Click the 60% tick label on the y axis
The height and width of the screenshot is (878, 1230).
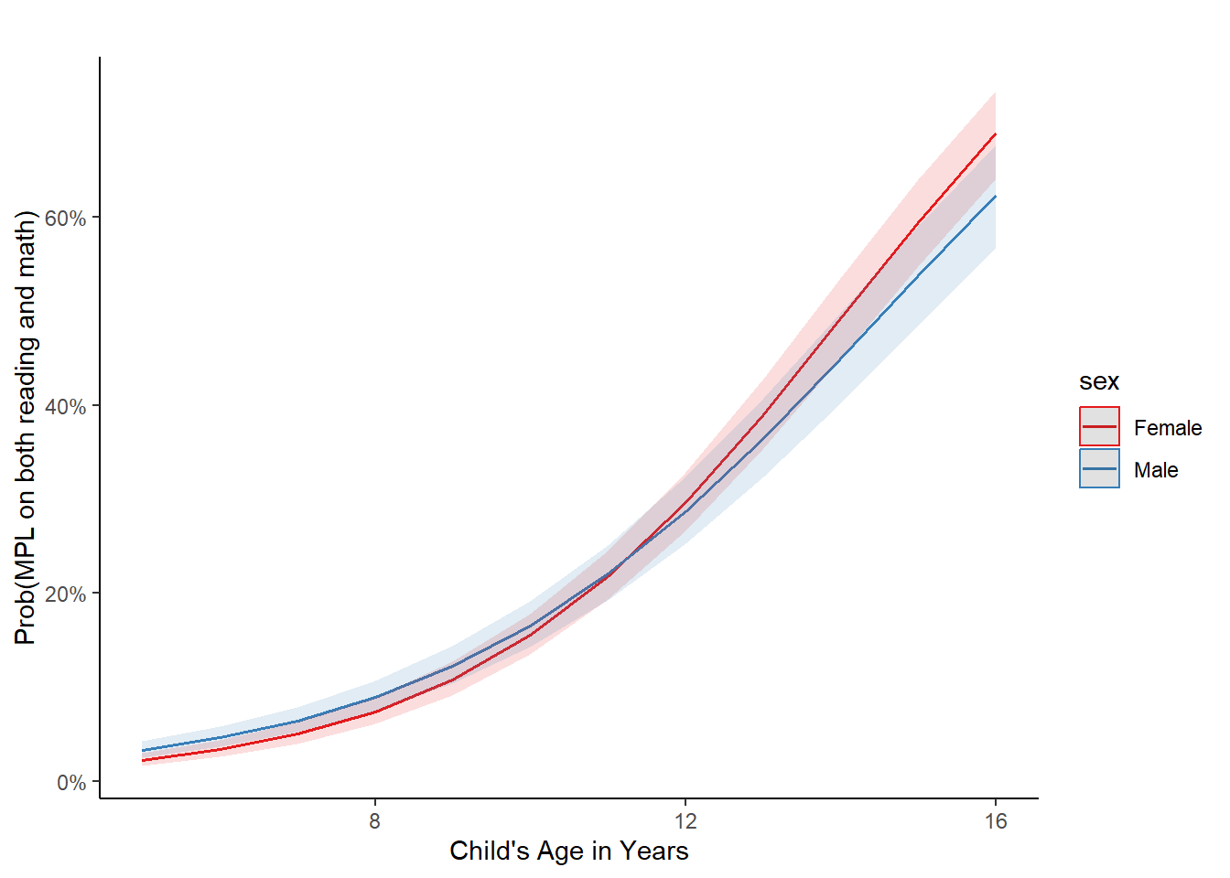(x=65, y=219)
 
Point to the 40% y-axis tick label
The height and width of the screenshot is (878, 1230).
(x=65, y=407)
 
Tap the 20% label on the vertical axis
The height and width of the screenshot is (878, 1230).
(x=65, y=594)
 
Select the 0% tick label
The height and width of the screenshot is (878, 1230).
(x=70, y=783)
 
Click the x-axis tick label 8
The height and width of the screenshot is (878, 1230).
(x=375, y=821)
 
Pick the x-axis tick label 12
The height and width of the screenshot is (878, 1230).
(x=685, y=821)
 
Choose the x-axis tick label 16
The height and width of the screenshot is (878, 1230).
(x=996, y=821)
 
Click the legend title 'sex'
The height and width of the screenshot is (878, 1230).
(x=1099, y=381)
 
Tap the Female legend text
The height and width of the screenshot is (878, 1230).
(x=1168, y=428)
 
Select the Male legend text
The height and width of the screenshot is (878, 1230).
(x=1156, y=470)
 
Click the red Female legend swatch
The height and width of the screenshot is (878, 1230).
(x=1099, y=427)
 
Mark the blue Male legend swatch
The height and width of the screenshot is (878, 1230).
(x=1099, y=469)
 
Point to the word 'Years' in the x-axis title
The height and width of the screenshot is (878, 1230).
(x=653, y=851)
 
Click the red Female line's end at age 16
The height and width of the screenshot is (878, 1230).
(x=995, y=134)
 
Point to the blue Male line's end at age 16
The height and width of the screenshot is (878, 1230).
(x=995, y=197)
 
